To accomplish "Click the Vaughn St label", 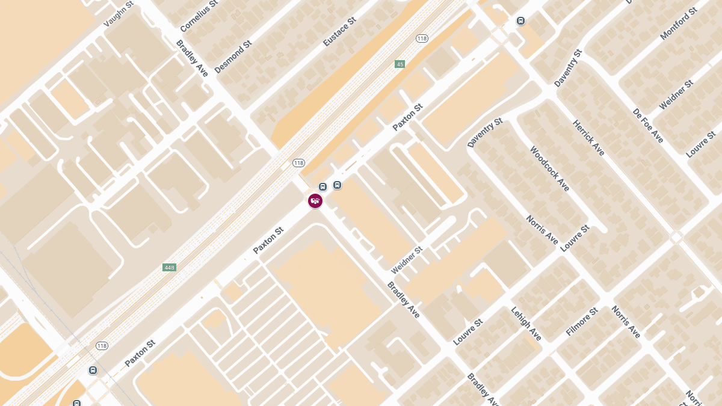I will (x=118, y=14).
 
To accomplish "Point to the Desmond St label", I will (x=232, y=57).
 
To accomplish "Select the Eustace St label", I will (x=339, y=31).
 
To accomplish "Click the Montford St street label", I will (x=678, y=24).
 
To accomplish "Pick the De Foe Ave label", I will (x=648, y=126).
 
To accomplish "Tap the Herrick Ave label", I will (x=588, y=138).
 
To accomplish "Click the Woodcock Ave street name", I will (x=549, y=168).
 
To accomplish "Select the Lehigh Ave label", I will (x=526, y=324).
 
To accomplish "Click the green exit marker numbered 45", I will (x=400, y=64).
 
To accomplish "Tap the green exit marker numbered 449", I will (x=169, y=267).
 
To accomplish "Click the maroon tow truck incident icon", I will (x=315, y=201).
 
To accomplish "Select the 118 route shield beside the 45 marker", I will (x=421, y=38).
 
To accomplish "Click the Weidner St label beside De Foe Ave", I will (x=676, y=95).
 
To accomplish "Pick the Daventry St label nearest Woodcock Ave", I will (x=484, y=133).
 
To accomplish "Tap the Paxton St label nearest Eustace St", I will (x=407, y=117).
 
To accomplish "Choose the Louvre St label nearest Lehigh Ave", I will (x=468, y=331).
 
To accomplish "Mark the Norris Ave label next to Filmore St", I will (x=626, y=322).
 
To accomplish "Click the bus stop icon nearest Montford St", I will (x=520, y=21).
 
